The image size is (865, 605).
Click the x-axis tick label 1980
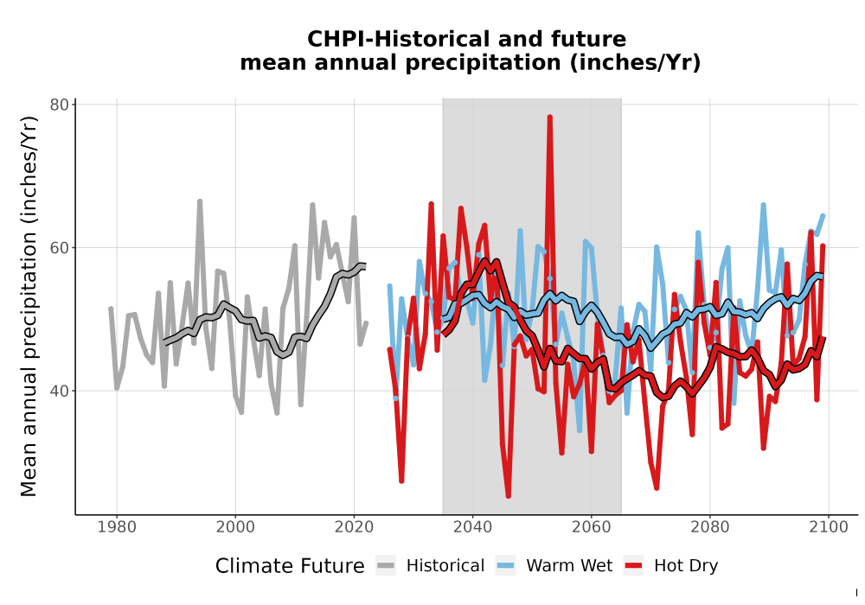pos(117,527)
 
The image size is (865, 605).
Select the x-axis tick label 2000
pos(235,527)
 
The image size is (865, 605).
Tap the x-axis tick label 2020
pos(354,527)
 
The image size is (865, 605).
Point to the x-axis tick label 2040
pos(473,527)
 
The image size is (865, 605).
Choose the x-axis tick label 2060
pos(592,527)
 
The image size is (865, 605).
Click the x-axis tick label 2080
pos(710,527)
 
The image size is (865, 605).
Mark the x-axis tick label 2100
pos(829,527)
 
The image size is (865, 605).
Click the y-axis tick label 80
pos(59,105)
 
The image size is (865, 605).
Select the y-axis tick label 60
pos(59,248)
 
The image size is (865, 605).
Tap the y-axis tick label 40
pos(59,392)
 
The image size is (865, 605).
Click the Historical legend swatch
pos(386,566)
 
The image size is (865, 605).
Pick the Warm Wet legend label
pos(569,566)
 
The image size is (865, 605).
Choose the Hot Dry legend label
pos(686,566)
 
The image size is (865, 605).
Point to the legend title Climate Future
pos(290,566)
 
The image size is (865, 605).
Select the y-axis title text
pos(29,306)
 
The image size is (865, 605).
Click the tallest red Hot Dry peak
pos(550,117)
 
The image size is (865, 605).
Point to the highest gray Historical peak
pos(200,201)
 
